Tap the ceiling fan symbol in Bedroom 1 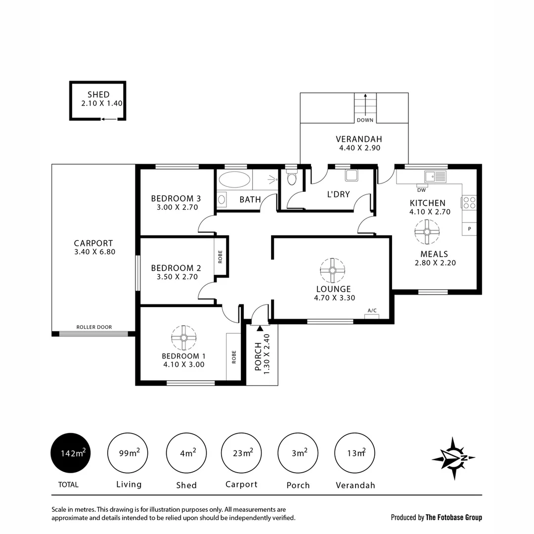click(183, 338)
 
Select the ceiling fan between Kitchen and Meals click(427, 232)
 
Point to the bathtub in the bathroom click(234, 179)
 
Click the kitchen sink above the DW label click(435, 177)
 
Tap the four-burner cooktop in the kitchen click(469, 203)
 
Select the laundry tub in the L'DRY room click(352, 176)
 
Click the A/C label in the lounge click(372, 311)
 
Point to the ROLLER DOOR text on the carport click(94, 327)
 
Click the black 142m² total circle click(72, 453)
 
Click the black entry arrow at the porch click(260, 328)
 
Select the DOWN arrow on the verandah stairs click(365, 107)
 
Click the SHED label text click(98, 94)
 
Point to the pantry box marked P click(469, 229)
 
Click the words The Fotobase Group click(454, 518)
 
